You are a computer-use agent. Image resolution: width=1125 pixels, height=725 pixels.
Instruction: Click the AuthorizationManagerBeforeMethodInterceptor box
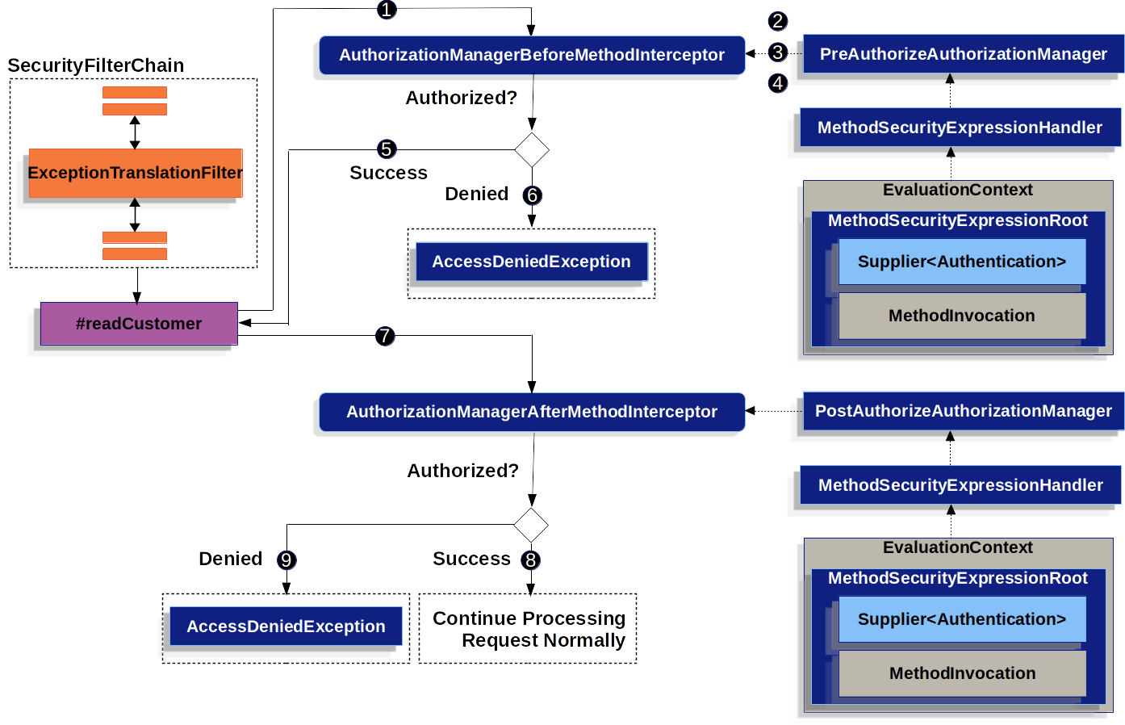point(531,55)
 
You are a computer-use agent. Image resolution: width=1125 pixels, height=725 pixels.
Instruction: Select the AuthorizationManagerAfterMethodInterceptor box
point(531,412)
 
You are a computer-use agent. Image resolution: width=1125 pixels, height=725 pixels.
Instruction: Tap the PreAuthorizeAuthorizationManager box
point(963,54)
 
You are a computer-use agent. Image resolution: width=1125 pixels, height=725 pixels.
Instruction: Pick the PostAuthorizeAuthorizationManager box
point(963,411)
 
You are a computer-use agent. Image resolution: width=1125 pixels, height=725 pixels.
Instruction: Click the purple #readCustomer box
point(139,324)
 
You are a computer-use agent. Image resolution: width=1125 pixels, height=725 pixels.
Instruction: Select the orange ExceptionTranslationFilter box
point(135,173)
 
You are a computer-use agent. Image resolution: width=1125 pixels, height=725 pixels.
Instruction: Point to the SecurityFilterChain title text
point(96,65)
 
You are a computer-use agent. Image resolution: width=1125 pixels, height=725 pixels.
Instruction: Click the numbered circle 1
point(387,10)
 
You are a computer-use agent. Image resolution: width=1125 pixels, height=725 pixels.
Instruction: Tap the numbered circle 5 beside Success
point(387,149)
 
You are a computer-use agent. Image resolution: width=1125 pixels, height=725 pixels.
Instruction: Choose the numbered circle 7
point(385,336)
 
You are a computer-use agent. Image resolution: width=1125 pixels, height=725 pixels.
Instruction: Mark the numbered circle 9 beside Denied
point(286,560)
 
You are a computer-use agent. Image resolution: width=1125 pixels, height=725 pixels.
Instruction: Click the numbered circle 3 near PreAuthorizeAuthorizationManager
point(777,52)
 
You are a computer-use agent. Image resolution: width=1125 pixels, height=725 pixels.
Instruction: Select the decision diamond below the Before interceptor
point(532,150)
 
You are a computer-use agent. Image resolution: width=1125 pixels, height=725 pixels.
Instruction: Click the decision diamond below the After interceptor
point(531,526)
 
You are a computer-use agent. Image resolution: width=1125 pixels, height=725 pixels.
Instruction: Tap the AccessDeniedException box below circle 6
point(531,262)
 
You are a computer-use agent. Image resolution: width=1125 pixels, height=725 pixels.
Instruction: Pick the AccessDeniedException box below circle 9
point(286,627)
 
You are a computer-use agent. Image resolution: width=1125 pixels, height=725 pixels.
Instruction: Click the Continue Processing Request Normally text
point(529,629)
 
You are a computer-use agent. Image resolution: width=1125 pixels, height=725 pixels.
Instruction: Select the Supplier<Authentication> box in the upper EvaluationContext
point(961,262)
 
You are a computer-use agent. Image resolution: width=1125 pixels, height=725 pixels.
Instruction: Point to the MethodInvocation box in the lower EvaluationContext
point(962,673)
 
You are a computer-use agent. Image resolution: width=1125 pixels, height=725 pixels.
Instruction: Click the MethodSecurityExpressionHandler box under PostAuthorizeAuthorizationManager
point(960,485)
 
